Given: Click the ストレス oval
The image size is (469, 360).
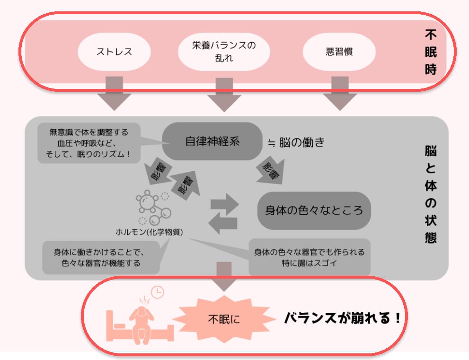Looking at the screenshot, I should tap(114, 51).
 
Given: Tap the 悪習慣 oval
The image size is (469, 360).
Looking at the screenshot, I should tap(339, 51).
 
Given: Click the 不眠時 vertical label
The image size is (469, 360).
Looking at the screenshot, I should tap(430, 52).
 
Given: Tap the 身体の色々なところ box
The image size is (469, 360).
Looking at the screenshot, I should tap(314, 210).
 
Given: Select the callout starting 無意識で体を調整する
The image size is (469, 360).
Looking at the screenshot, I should tap(88, 143).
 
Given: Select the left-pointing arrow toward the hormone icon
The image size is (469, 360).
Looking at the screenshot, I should tap(224, 223).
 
